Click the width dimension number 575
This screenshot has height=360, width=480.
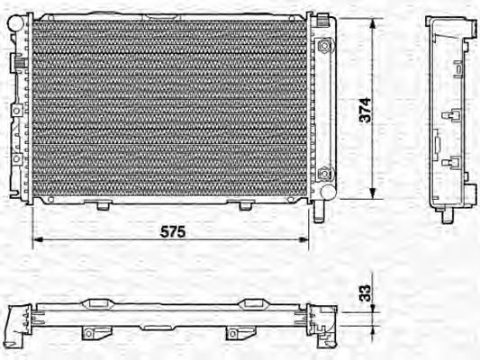pyautogui.click(x=172, y=231)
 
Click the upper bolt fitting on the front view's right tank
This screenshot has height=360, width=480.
pyautogui.click(x=324, y=45)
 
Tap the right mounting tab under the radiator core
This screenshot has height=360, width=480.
pyautogui.click(x=244, y=206)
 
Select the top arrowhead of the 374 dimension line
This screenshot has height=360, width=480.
pyautogui.click(x=371, y=21)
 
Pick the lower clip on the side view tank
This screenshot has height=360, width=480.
pyautogui.click(x=453, y=164)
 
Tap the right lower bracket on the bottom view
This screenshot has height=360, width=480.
pyautogui.click(x=236, y=333)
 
